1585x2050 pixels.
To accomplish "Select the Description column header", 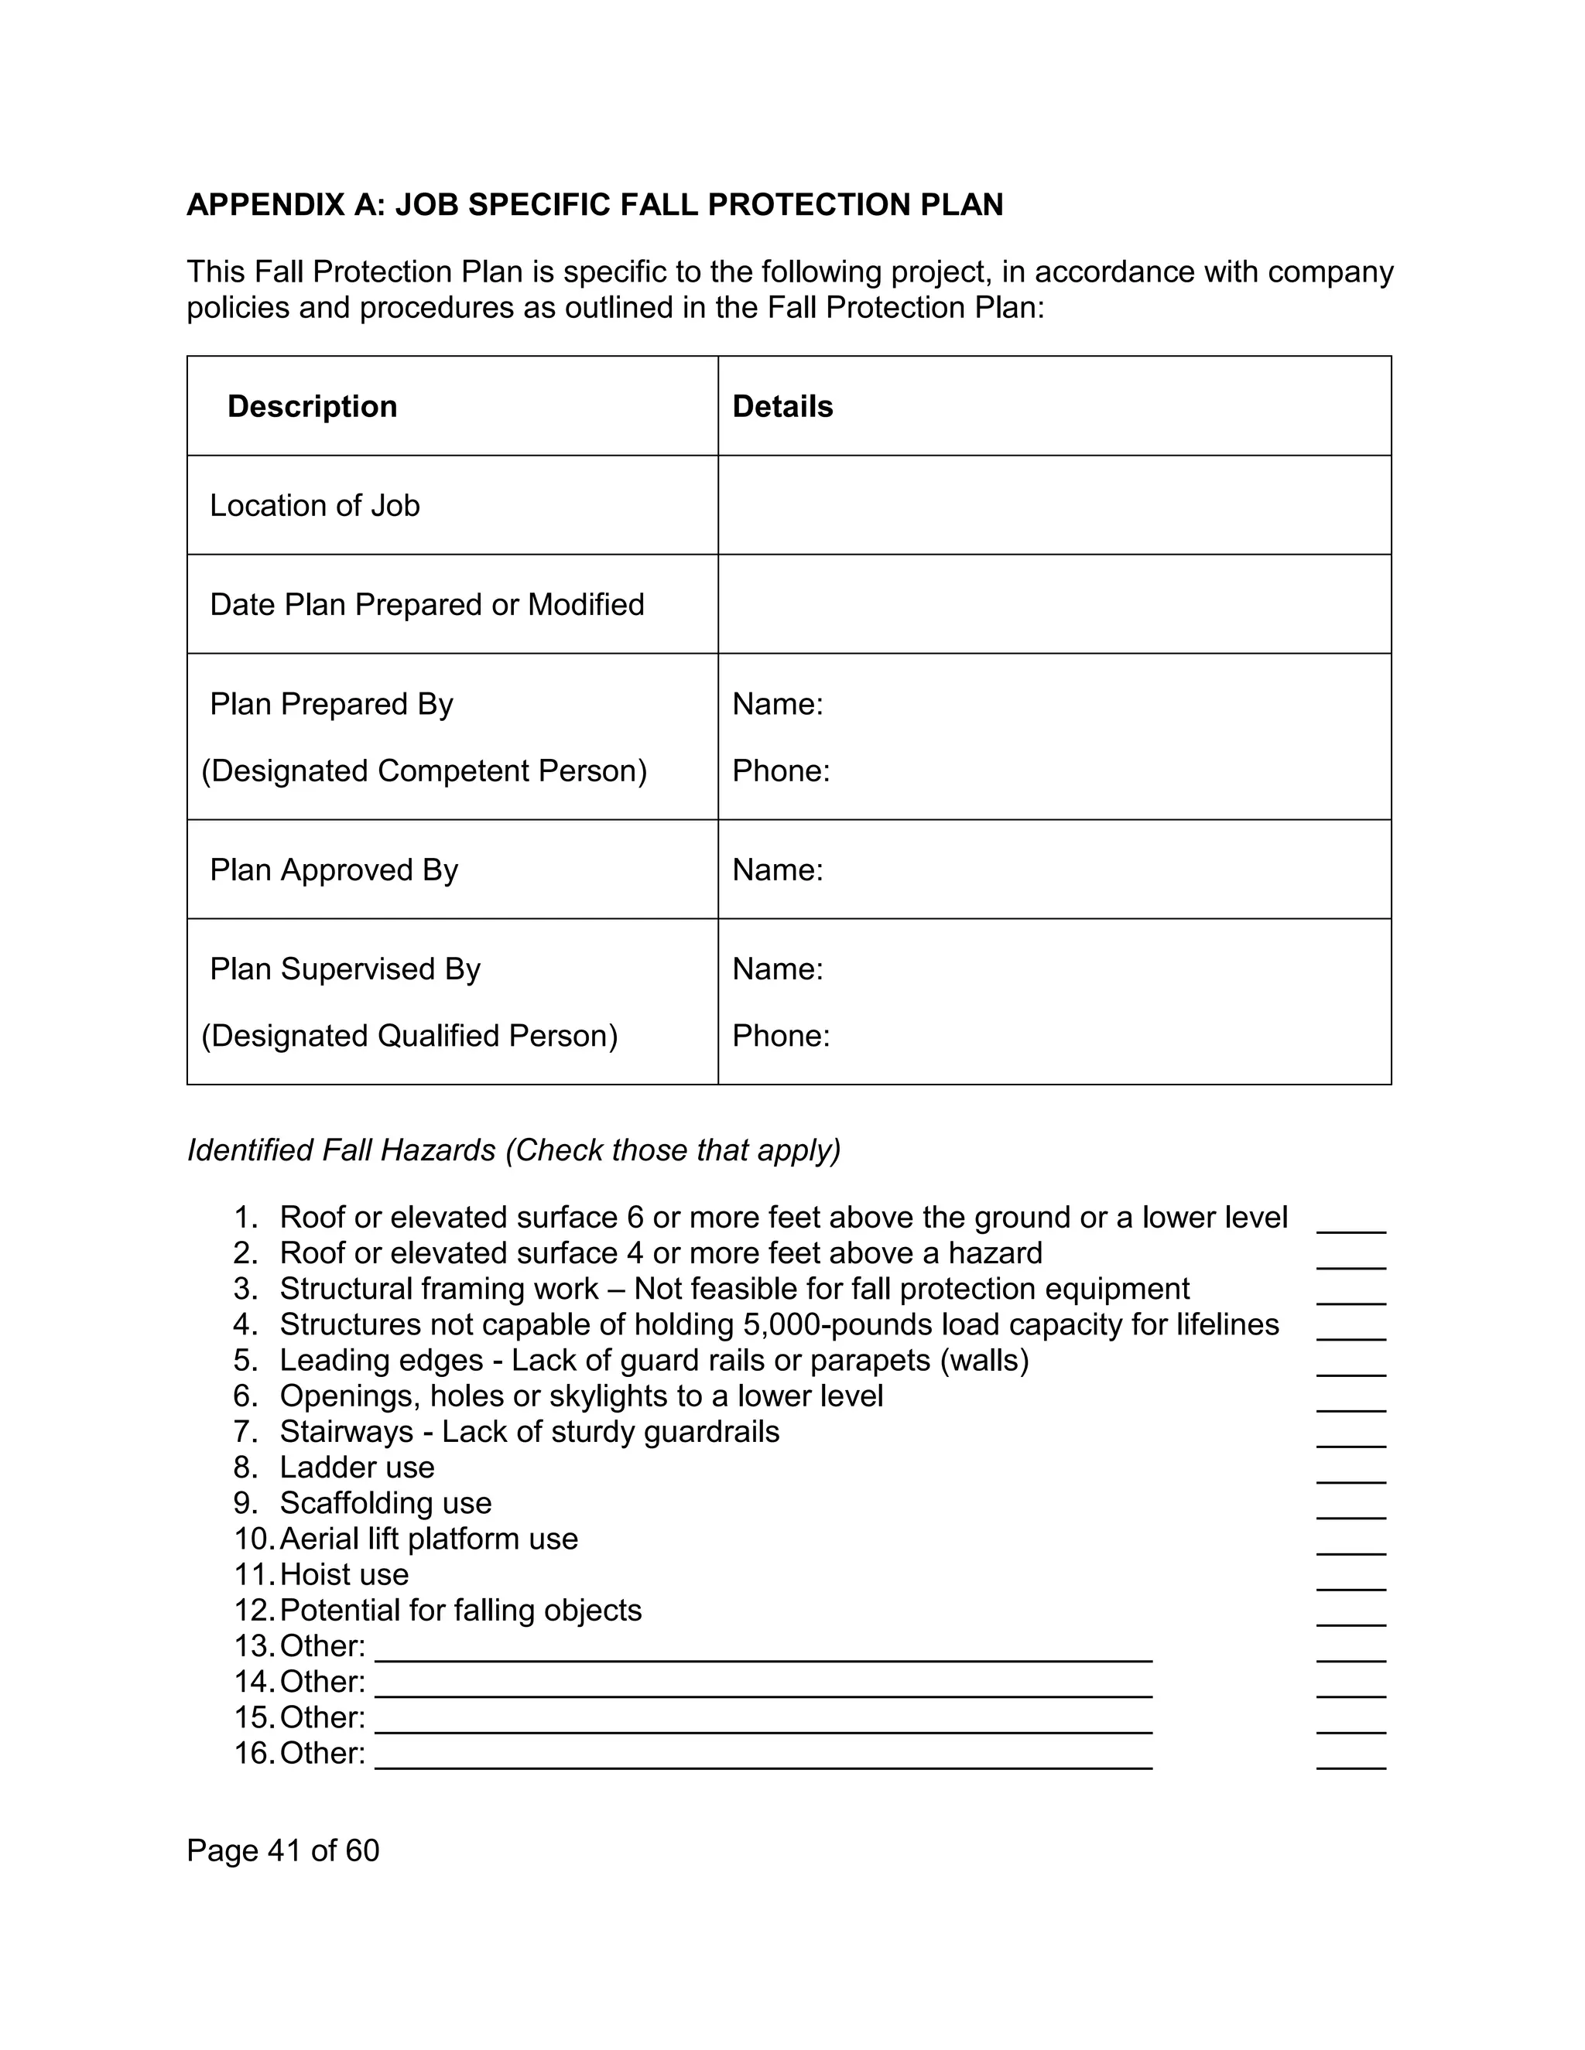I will coord(312,406).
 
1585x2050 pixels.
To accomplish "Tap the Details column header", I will coord(782,406).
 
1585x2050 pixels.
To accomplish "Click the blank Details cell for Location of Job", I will coord(1053,505).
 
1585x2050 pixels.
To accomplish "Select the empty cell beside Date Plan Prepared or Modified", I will coord(1053,604).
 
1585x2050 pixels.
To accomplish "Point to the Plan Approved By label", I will coord(334,870).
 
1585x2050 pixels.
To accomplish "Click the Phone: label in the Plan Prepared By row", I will coord(780,770).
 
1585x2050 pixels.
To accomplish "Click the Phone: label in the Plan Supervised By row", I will coord(780,1035).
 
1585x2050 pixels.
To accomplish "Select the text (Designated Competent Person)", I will coord(424,770).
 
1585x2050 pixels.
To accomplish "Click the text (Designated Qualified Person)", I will coord(409,1035).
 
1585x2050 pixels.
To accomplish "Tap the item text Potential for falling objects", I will coord(460,1610).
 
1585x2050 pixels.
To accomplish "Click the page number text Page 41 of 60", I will coord(282,1850).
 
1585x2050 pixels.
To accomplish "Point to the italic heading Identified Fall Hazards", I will coord(341,1150).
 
